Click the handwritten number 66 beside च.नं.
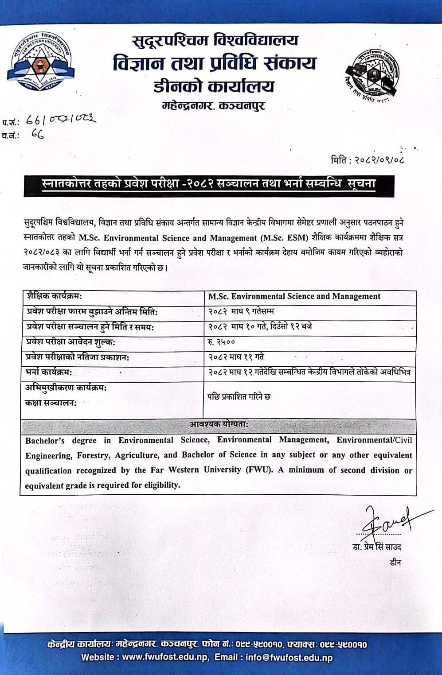tap(37, 135)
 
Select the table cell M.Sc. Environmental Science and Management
tap(294, 296)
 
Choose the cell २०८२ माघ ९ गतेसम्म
tap(248, 312)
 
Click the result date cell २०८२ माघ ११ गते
tap(236, 357)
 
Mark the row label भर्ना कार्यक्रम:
tap(49, 372)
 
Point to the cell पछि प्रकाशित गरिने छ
tap(239, 397)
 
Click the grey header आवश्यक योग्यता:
tap(219, 424)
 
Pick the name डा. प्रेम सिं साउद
tap(374, 547)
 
